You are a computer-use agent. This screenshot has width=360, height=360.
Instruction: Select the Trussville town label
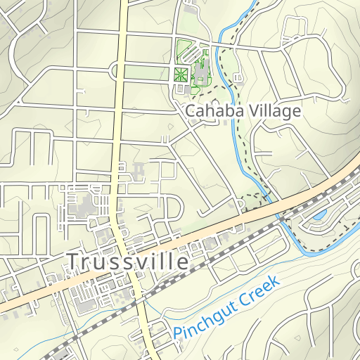point(128,262)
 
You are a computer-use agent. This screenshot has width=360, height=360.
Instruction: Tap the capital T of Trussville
point(73,262)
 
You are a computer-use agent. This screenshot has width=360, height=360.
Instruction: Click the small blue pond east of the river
point(320,214)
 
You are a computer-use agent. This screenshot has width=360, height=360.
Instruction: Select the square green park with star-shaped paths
point(181,74)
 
